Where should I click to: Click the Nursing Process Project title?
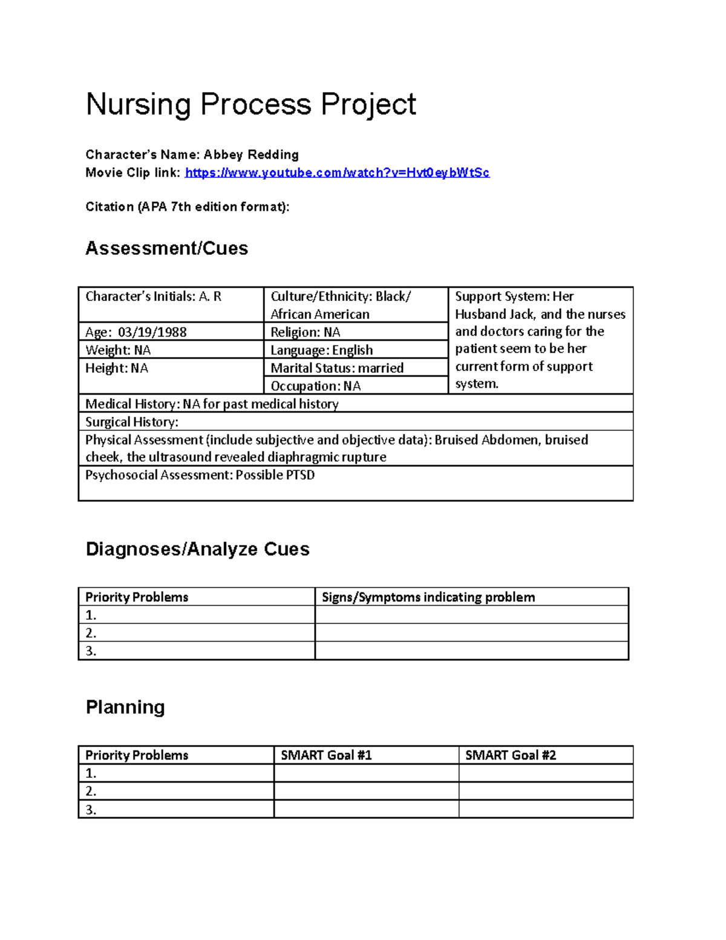(x=250, y=104)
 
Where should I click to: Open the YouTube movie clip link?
(x=337, y=173)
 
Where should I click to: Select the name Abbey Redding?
(x=250, y=154)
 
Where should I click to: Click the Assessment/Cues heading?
(x=166, y=248)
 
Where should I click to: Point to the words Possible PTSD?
(x=275, y=475)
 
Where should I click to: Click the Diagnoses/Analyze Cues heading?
(x=197, y=549)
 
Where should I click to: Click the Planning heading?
(x=125, y=707)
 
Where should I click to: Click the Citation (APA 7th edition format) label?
(x=188, y=207)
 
